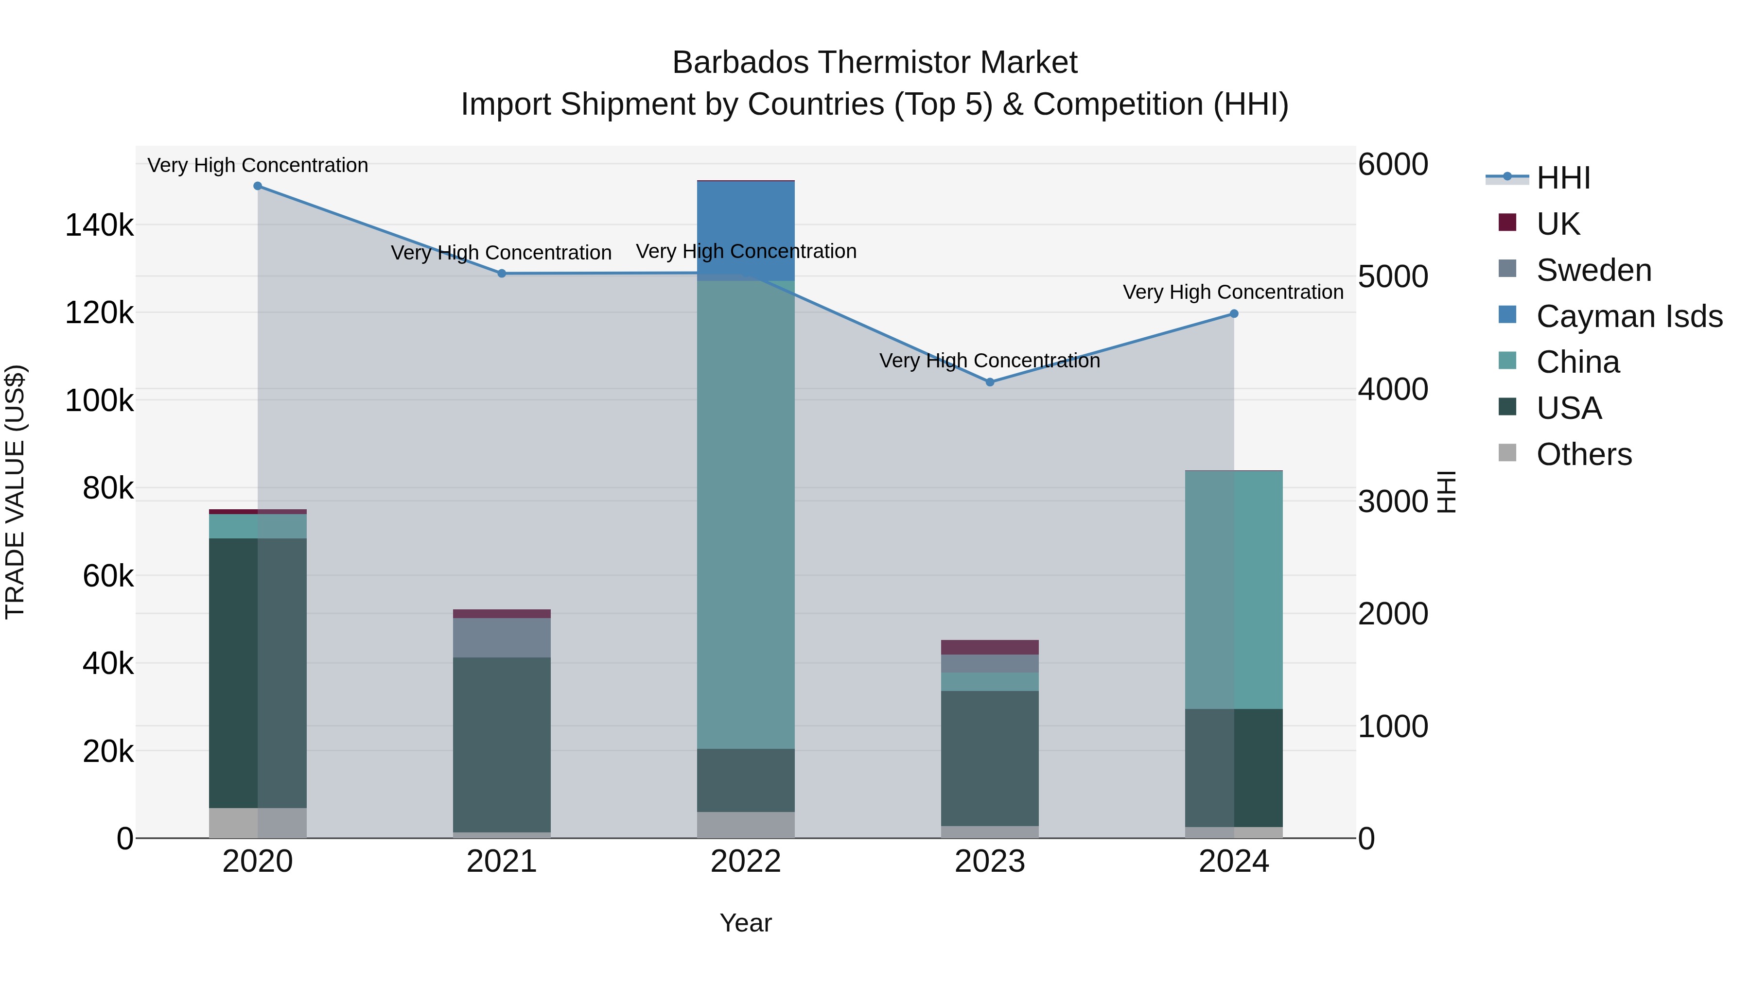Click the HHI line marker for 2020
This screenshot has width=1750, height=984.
[258, 186]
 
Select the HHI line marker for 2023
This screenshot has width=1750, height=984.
[990, 382]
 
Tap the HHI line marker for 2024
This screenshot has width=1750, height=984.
[1234, 314]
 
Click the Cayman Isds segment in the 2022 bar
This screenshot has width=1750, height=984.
[746, 227]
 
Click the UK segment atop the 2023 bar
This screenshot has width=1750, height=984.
[990, 647]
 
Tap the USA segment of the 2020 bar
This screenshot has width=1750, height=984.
[258, 673]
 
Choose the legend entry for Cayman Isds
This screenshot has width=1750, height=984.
[1628, 316]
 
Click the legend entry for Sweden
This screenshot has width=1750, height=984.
[1593, 270]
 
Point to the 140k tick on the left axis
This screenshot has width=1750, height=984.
[99, 225]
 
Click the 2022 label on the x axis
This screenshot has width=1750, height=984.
[746, 862]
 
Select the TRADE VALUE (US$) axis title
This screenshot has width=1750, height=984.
[15, 492]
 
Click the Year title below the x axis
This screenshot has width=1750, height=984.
[746, 923]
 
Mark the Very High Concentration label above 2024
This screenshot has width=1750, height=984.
[1233, 292]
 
